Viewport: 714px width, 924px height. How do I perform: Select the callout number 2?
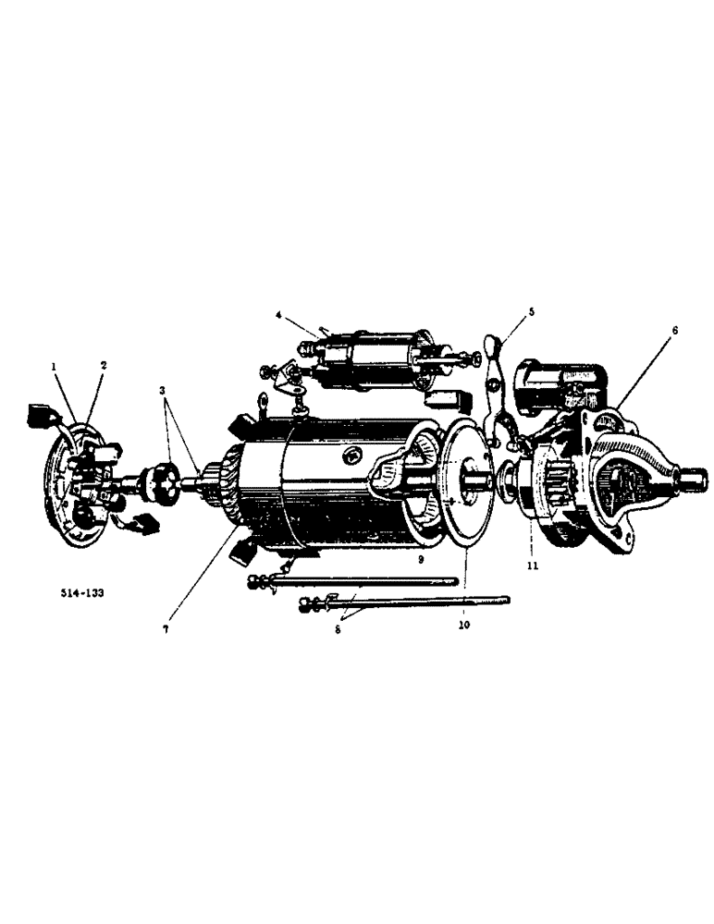(103, 365)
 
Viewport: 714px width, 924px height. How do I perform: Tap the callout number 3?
(163, 392)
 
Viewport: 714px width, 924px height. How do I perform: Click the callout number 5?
(532, 312)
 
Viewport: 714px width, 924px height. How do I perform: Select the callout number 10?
(462, 626)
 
